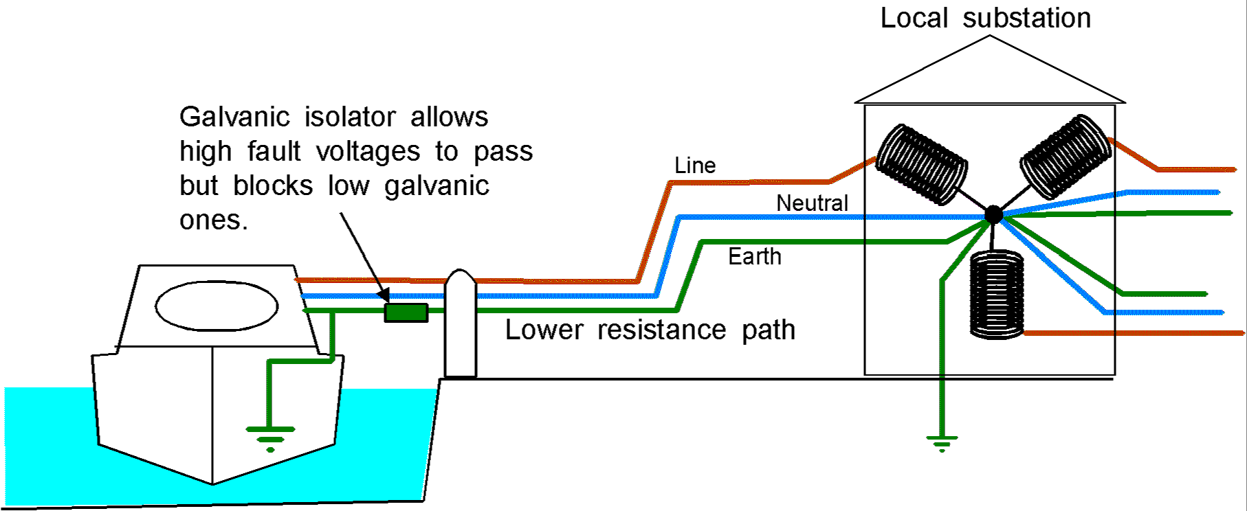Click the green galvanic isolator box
(406, 313)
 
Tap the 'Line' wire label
(695, 166)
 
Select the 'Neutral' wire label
(812, 203)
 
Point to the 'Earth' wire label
(755, 257)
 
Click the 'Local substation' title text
(985, 18)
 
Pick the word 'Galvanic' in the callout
(234, 117)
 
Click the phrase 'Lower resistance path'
(650, 330)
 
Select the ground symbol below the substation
(942, 443)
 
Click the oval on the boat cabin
(217, 306)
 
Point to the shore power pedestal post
(461, 323)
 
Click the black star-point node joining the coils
(993, 215)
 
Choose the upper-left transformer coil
(922, 164)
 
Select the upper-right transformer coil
(1065, 157)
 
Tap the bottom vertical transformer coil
(996, 295)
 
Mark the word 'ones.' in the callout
(213, 220)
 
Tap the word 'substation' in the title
(1026, 18)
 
